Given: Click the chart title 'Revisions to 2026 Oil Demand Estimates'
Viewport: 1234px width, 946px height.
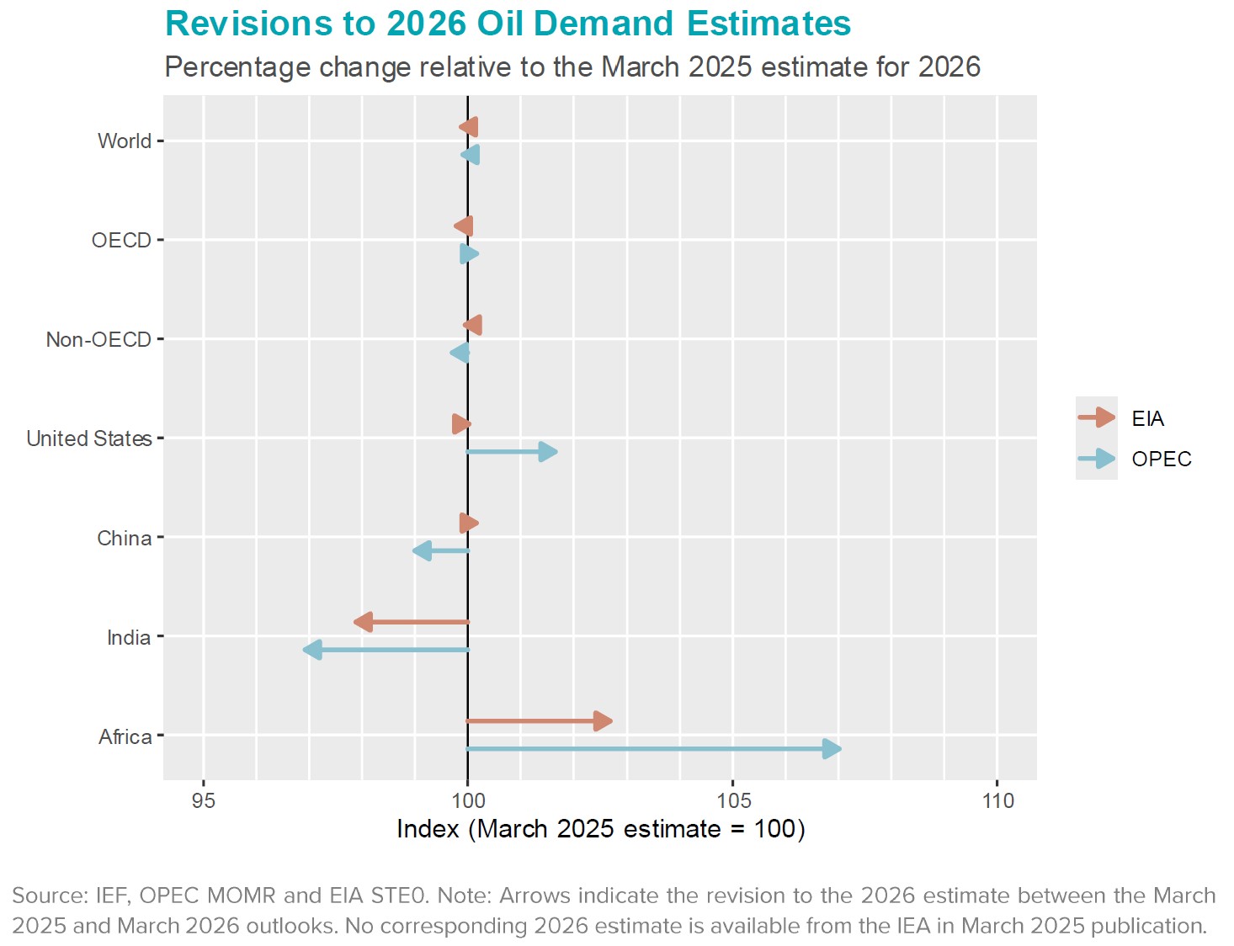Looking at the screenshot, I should pyautogui.click(x=508, y=24).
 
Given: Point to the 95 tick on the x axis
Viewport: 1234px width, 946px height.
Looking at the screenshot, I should pyautogui.click(x=204, y=800).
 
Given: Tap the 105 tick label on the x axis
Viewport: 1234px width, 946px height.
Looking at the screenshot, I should pyautogui.click(x=732, y=800).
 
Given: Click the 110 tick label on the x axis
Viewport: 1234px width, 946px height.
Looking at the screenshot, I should pyautogui.click(x=997, y=800).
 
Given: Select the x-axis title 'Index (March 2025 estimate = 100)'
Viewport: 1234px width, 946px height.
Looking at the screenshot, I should pyautogui.click(x=600, y=829).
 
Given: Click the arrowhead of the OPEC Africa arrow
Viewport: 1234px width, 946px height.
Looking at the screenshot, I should pyautogui.click(x=831, y=749).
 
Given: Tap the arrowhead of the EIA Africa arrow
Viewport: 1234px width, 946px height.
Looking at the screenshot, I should pyautogui.click(x=602, y=721).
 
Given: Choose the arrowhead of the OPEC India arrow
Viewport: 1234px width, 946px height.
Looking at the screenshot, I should pyautogui.click(x=313, y=650).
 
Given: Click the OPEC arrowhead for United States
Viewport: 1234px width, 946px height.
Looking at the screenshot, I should pyautogui.click(x=547, y=452).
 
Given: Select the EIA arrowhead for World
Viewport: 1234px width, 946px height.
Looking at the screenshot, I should pyautogui.click(x=469, y=127).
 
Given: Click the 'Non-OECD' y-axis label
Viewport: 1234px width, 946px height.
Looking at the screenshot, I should pyautogui.click(x=98, y=339).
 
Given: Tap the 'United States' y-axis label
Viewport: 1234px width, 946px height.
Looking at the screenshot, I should pyautogui.click(x=89, y=438).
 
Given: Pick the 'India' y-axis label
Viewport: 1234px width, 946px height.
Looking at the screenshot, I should pyautogui.click(x=129, y=637).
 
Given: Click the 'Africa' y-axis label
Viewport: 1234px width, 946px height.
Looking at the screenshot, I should pyautogui.click(x=125, y=736).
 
